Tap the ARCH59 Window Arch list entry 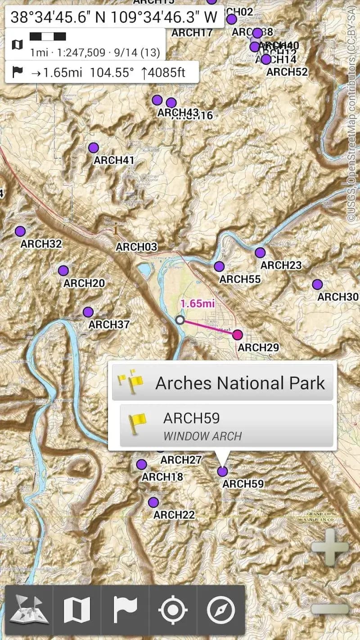pos(226,426)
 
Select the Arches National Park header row pos(222,383)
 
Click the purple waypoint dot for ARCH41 pos(94,148)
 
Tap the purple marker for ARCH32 pos(20,231)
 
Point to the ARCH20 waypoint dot pos(63,270)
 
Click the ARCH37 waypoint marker pos(88,312)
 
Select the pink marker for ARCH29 pos(238,334)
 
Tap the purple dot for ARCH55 pos(219,266)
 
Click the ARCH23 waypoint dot pos(260,252)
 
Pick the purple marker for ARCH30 pos(317,284)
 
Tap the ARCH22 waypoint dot pos(153,502)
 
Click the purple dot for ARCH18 pos(142,464)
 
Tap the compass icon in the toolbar pos(220,610)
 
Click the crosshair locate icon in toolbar pos(173,610)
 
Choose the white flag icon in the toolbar pos(125,610)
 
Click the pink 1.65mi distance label pos(198,303)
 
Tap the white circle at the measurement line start pos(180,320)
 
